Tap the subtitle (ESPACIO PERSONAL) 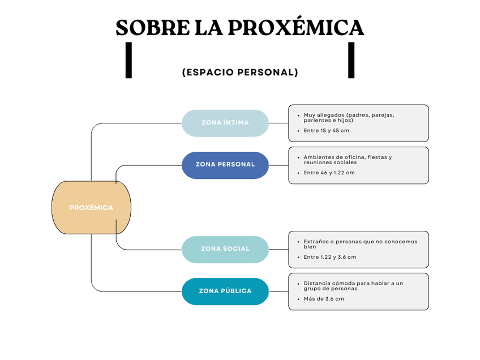tap(240, 72)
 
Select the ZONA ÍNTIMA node tap(225, 123)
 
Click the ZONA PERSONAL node tap(225, 165)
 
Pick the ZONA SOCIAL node tap(225, 249)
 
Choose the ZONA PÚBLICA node tap(225, 291)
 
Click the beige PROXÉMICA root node tap(91, 208)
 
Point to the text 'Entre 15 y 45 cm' tap(326, 131)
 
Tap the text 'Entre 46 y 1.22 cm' tap(329, 173)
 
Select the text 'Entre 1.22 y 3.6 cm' tap(330, 257)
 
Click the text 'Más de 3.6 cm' tap(324, 299)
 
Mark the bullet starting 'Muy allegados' tap(349, 118)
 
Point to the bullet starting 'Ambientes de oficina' tap(348, 160)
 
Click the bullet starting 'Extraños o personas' tap(360, 244)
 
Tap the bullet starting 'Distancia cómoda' tap(353, 286)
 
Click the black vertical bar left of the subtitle tap(128, 60)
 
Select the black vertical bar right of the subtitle tap(351, 60)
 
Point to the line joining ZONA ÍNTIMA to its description tap(278, 123)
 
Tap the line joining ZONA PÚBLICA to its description tap(278, 291)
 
